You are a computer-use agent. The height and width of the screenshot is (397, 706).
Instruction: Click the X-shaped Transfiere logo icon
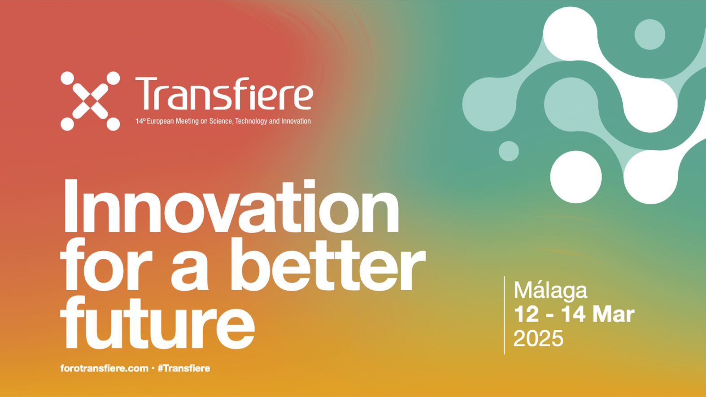pos(90,101)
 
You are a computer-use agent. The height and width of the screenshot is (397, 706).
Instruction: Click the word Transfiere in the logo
pos(224,94)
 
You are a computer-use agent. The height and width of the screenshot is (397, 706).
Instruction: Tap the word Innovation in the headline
pos(231,206)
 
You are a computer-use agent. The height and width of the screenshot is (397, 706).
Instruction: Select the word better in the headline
pos(328,264)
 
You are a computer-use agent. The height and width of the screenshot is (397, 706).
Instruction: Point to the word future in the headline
pos(157,322)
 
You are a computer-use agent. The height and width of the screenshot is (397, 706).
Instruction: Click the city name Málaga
pos(551,291)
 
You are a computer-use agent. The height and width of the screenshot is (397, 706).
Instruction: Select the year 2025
pos(538,338)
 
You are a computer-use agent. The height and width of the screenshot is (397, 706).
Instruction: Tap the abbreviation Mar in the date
pos(613,314)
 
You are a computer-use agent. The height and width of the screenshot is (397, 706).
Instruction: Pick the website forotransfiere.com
pos(105,368)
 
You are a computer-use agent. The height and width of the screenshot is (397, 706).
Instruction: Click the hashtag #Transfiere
pos(184,368)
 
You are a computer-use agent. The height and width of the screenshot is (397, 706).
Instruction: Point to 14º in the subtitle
pos(140,121)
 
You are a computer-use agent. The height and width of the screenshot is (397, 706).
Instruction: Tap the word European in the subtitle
pos(161,122)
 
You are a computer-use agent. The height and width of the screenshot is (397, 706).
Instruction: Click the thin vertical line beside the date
pos(504,315)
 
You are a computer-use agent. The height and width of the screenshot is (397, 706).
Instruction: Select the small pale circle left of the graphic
pos(509,151)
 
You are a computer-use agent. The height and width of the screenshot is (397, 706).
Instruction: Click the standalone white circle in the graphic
pos(576,177)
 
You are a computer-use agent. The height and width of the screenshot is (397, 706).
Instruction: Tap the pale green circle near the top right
pos(650,35)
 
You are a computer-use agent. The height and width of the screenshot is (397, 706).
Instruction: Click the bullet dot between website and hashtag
pos(153,368)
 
